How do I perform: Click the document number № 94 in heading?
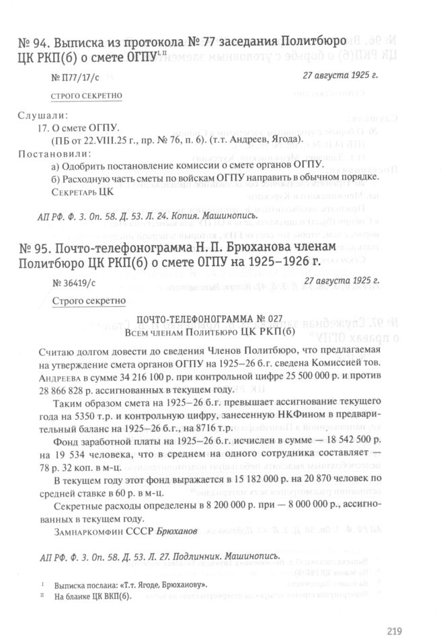[x=32, y=46]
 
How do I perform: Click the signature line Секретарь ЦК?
[x=83, y=192]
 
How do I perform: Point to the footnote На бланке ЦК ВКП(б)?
[x=94, y=596]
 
